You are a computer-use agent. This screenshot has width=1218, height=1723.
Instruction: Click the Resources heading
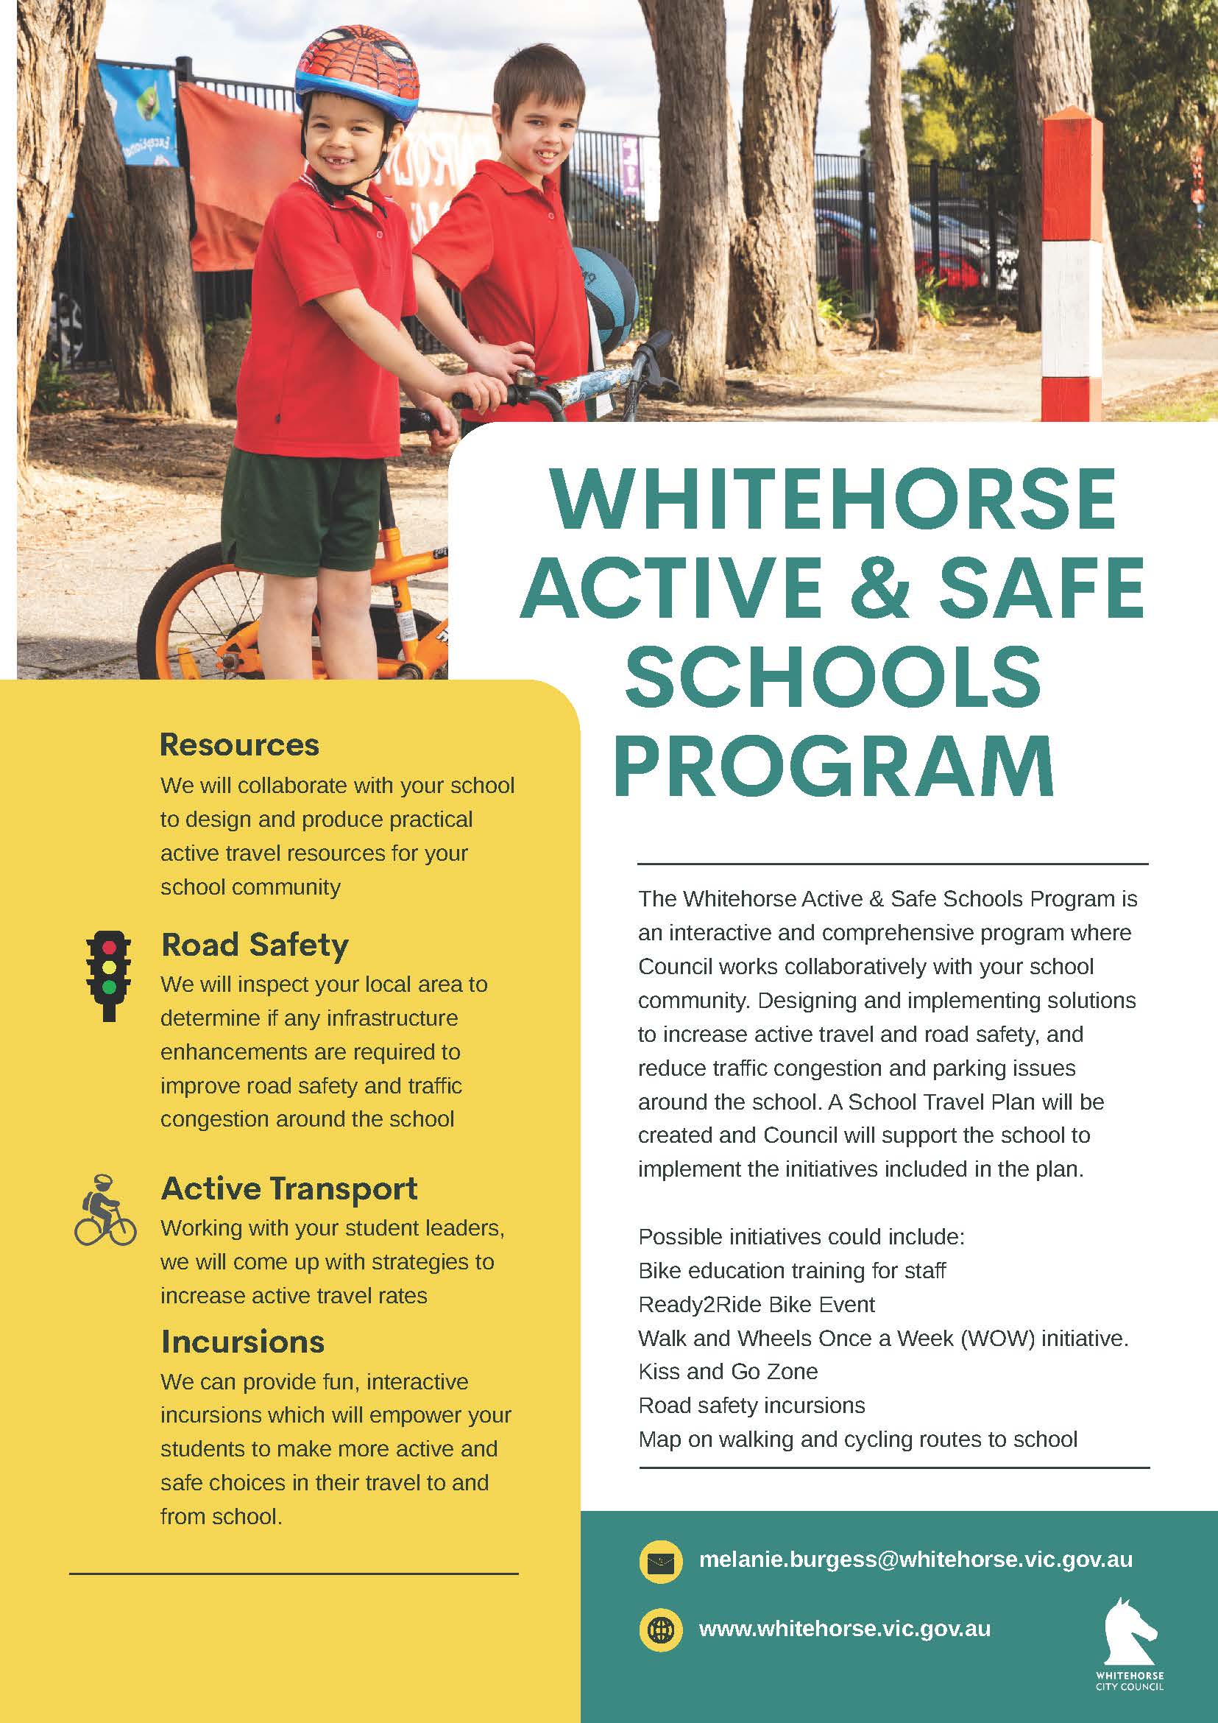[239, 745]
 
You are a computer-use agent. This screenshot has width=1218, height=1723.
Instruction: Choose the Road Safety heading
[255, 945]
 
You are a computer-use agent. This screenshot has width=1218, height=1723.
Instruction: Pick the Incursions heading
[242, 1342]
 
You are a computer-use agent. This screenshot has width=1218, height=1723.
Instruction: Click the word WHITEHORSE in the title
[833, 500]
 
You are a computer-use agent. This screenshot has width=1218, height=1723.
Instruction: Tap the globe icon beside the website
[660, 1629]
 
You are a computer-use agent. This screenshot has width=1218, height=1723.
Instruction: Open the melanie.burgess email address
[915, 1560]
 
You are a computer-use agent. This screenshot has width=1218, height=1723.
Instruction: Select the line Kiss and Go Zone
[728, 1372]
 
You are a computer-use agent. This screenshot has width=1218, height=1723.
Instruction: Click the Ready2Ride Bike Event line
[756, 1304]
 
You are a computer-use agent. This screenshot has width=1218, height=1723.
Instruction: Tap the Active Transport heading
[288, 1188]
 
